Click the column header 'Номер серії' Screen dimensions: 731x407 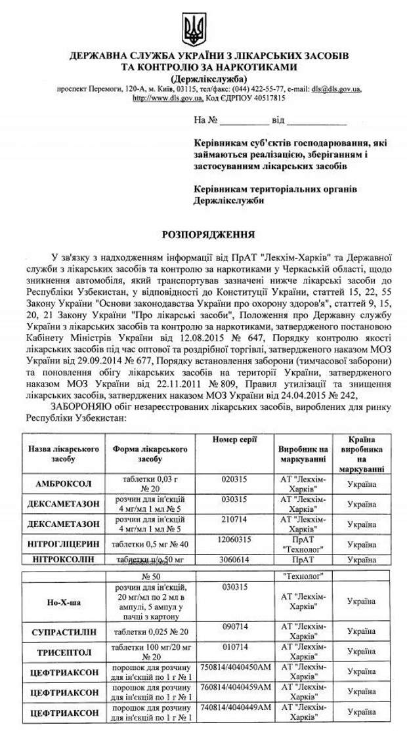234,438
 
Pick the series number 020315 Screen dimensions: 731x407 234,480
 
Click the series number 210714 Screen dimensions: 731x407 234,519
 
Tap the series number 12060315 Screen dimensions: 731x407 234,539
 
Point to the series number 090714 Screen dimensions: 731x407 234,627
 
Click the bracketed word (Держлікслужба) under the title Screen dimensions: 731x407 203,77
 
